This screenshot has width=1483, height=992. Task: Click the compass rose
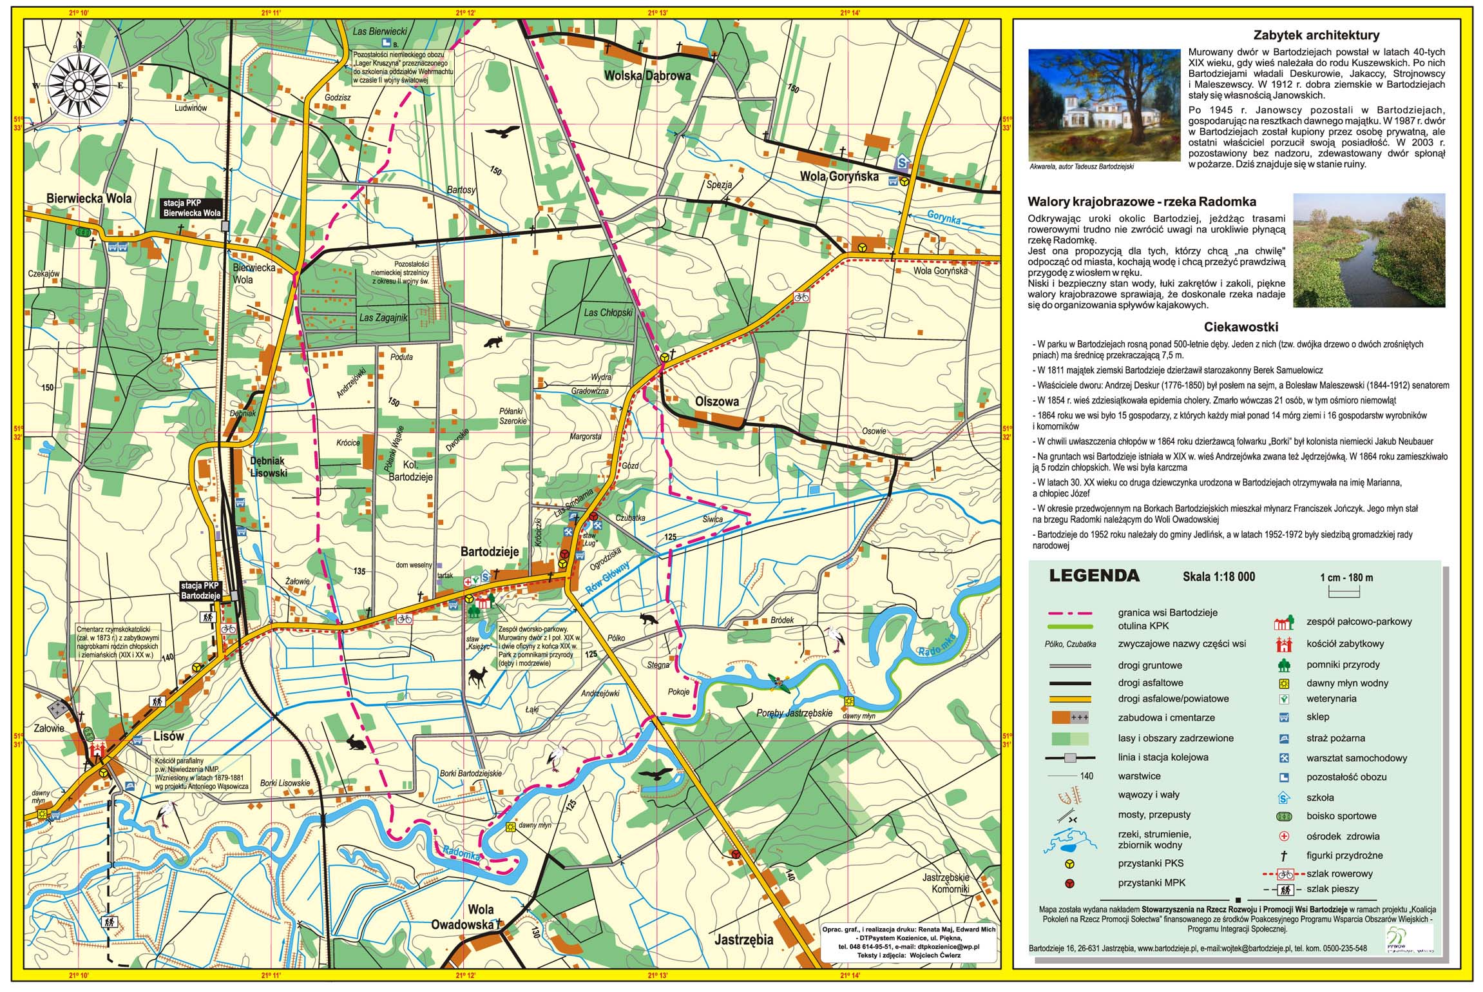[79, 84]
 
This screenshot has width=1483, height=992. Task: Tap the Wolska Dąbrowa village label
[647, 75]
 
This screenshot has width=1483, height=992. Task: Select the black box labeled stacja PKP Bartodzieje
[200, 590]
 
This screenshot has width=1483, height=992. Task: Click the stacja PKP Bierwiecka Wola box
[191, 208]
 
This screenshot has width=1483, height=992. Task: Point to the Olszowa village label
[716, 402]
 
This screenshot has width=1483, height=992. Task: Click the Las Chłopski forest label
[608, 313]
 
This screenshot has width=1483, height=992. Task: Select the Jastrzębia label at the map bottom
[743, 939]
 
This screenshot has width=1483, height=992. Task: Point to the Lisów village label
[168, 736]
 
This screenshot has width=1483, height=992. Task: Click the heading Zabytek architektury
[1316, 35]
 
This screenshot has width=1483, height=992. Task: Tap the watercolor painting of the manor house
[1104, 105]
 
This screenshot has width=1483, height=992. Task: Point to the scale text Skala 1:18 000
[1218, 577]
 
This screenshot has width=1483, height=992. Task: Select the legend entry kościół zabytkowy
[1341, 643]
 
